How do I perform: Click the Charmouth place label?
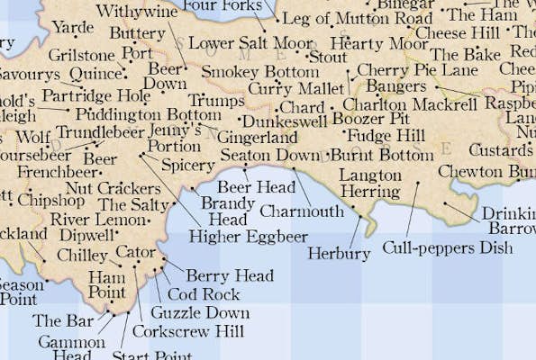tap(301, 211)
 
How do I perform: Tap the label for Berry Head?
tap(229, 276)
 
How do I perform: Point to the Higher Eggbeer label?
tap(248, 237)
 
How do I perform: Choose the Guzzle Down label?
tap(200, 313)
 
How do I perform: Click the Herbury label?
tap(339, 254)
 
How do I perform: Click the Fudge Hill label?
tap(386, 136)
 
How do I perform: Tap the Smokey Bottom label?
tap(259, 72)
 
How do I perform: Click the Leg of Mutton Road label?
tap(357, 19)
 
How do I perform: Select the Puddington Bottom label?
tap(148, 115)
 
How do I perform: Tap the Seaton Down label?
tap(269, 156)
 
